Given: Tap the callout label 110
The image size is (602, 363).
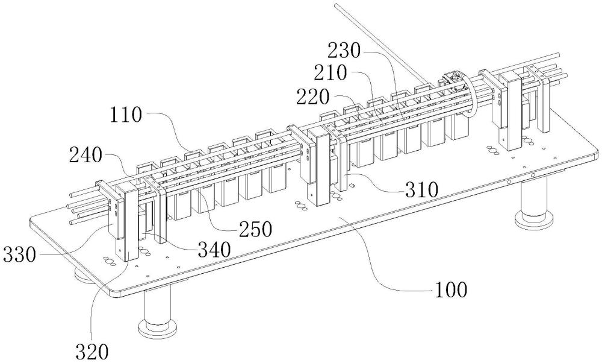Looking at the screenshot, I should pyautogui.click(x=126, y=114).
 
